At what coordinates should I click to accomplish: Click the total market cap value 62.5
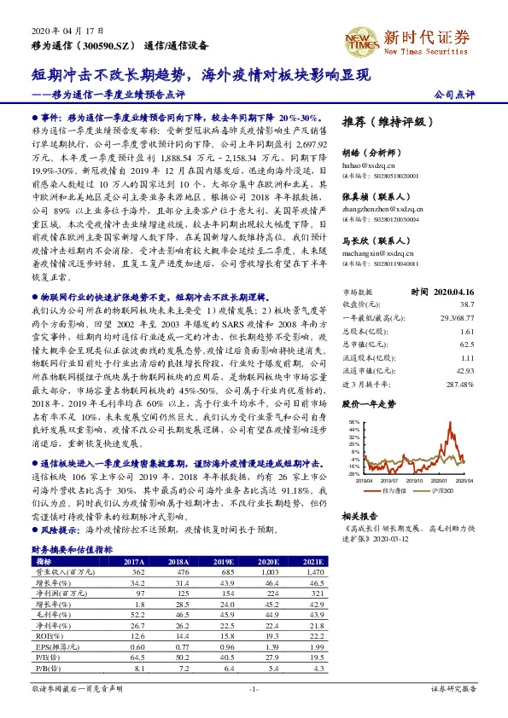tap(467, 344)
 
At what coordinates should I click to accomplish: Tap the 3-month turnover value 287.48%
tap(461, 385)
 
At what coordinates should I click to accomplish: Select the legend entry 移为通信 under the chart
tap(392, 493)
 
